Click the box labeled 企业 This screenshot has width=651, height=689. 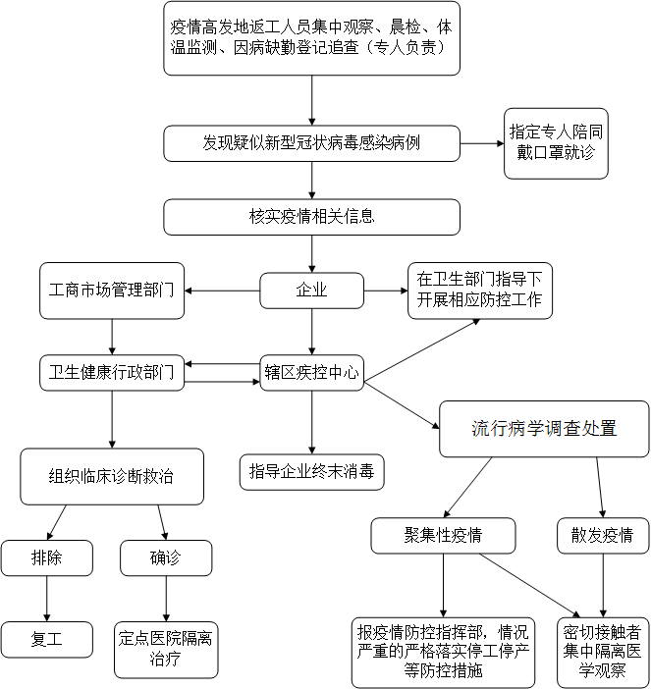point(311,291)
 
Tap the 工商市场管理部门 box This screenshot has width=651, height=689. point(112,291)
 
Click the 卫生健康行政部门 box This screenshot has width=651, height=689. point(112,373)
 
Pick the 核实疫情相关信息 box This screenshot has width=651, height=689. point(311,217)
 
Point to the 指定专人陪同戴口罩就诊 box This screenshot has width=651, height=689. point(556,142)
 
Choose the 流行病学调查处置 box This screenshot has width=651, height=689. point(544,428)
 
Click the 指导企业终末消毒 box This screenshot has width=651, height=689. point(311,471)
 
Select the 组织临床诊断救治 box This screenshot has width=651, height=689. point(112,477)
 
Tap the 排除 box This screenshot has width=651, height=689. point(47,558)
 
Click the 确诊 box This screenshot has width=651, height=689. point(166,558)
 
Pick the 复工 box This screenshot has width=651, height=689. point(47,639)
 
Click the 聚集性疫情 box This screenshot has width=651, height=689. point(444,536)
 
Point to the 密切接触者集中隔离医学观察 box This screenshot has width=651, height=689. point(603,652)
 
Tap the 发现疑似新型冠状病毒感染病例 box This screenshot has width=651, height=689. point(311,143)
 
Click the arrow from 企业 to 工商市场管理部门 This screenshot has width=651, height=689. point(222,291)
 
